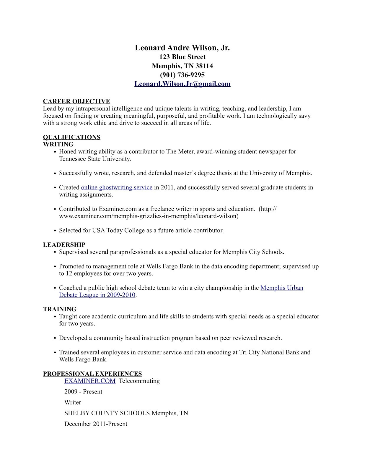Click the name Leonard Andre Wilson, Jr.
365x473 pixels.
182,48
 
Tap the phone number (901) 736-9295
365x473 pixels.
182,75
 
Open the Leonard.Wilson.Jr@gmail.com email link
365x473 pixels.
182,84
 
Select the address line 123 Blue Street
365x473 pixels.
182,57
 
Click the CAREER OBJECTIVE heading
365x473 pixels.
76,101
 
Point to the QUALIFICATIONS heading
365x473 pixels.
71,137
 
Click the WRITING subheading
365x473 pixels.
58,145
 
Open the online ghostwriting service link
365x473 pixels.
117,187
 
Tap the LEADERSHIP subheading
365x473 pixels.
64,245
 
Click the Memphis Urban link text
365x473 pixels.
282,288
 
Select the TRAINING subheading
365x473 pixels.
60,309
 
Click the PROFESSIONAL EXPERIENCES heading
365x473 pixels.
92,374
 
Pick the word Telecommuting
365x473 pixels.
139,381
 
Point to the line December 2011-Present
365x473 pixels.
96,424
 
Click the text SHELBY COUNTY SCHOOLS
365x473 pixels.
107,413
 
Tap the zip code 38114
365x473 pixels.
204,66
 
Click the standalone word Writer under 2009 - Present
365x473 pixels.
73,402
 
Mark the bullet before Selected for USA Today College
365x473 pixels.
55,231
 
